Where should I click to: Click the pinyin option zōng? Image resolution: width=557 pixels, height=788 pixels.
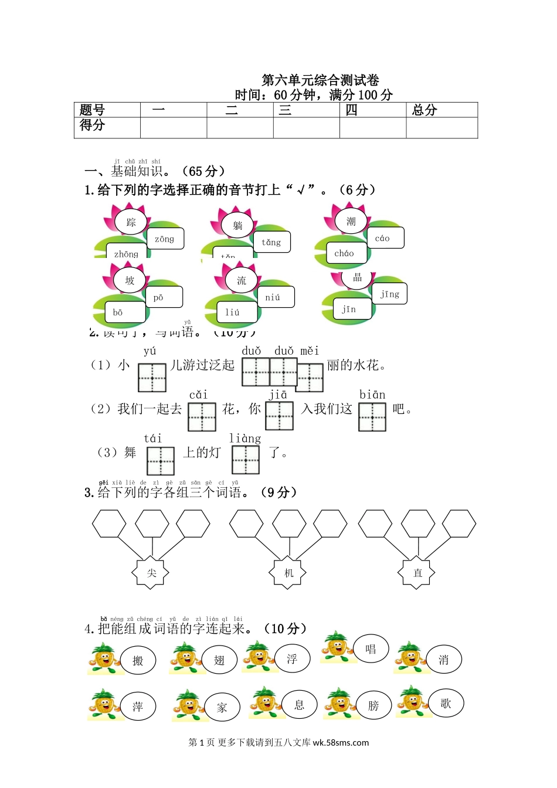coord(165,239)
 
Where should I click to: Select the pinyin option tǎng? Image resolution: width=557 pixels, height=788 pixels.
coord(271,242)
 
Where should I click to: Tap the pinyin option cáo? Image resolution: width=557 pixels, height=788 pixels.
coord(382,238)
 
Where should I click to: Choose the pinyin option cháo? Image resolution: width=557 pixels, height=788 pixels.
coord(344,253)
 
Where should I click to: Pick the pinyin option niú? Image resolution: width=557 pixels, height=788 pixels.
coord(273,297)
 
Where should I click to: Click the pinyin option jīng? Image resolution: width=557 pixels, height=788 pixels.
coord(389,294)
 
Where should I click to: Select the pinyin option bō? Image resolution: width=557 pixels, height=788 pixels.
coord(118,313)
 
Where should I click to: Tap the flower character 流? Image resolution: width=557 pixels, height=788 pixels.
coord(242,280)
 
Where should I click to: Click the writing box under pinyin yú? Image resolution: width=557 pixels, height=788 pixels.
coord(152,378)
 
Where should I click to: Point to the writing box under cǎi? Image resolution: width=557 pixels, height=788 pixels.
coord(202,416)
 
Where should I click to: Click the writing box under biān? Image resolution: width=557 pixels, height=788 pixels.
coord(372,416)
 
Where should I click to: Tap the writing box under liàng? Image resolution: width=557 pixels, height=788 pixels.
coord(245,460)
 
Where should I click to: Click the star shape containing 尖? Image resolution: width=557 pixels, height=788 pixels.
coord(151,573)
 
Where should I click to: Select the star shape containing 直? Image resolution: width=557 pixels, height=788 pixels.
coord(417,573)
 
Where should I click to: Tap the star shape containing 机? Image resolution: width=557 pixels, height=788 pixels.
coord(288,573)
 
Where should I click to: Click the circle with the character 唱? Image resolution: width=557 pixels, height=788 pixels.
coord(371,649)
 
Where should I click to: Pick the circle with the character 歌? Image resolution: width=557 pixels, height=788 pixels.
coord(446,704)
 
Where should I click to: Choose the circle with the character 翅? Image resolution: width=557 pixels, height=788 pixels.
coord(219,660)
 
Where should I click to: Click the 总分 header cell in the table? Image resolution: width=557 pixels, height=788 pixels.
coord(441,110)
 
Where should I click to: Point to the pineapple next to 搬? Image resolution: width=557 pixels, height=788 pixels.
coord(104,657)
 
